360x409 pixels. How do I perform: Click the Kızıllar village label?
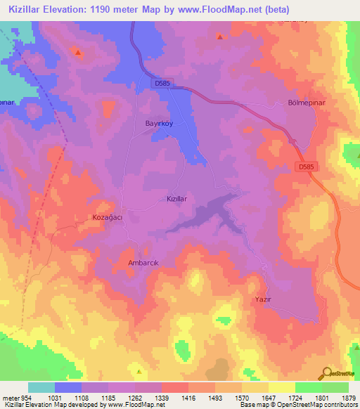[x=176, y=200]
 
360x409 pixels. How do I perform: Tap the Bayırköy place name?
[x=149, y=122]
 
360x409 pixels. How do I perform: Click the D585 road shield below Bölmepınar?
[x=304, y=167]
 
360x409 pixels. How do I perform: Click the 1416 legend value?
[x=189, y=398]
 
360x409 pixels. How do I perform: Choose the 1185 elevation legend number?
[x=108, y=398]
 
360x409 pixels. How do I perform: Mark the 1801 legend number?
[x=321, y=398]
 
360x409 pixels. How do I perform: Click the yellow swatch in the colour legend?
[x=281, y=387]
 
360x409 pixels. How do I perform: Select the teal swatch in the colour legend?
[x=41, y=387]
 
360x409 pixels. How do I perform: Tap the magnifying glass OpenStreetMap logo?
[x=327, y=373]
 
